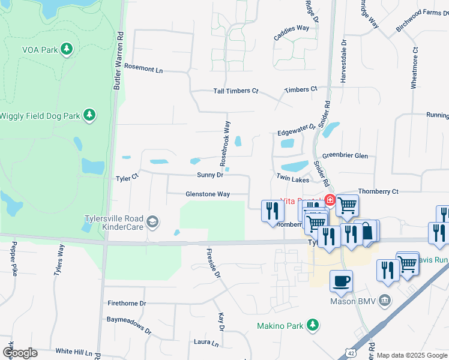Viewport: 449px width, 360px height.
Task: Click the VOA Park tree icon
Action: tap(68, 49)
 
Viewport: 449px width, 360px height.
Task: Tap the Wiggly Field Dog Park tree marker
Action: tap(89, 114)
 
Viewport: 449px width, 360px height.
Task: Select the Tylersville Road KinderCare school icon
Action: tap(152, 223)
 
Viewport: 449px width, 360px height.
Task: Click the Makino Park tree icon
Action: tap(312, 325)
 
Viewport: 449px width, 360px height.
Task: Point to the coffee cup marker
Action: tap(341, 281)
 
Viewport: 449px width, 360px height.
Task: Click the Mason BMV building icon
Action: tap(385, 299)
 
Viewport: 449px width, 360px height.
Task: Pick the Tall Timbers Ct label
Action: tap(236, 91)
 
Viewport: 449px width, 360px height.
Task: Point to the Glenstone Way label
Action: tap(208, 194)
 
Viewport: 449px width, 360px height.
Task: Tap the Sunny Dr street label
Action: tap(210, 175)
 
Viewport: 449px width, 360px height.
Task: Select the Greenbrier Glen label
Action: tap(345, 155)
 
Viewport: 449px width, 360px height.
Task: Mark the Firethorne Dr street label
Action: tap(127, 304)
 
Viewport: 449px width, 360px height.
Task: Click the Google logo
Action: tap(20, 353)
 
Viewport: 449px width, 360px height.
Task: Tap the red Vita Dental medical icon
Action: tap(330, 200)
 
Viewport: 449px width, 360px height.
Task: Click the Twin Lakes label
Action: tap(292, 179)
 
